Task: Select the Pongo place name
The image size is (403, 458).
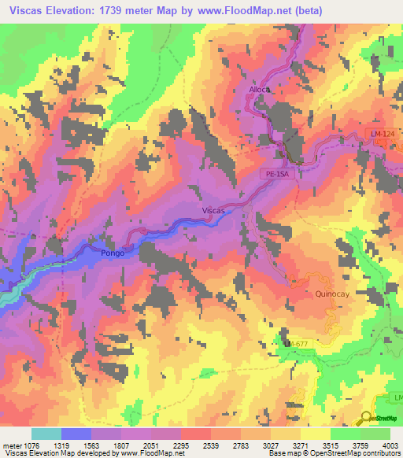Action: [113, 253]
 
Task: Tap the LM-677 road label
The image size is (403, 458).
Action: [299, 344]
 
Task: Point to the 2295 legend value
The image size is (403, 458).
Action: [182, 444]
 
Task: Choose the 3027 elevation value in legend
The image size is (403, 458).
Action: [271, 444]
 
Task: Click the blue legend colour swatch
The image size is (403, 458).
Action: [76, 434]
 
